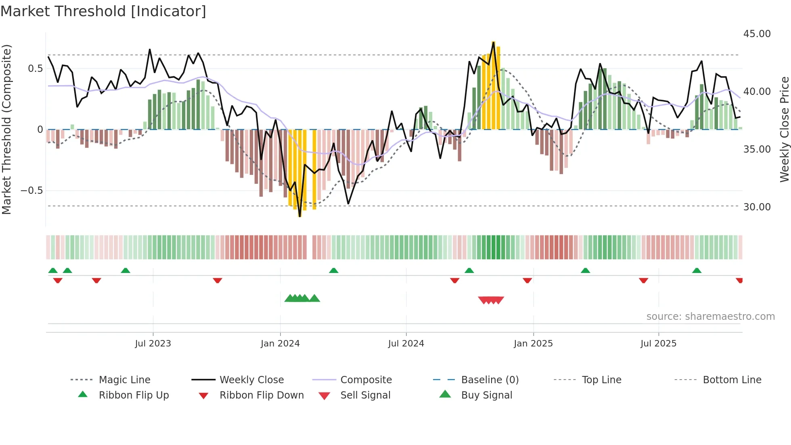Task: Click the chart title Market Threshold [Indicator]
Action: (x=103, y=11)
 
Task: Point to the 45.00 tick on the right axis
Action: (x=757, y=34)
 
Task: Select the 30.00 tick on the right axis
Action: (x=757, y=207)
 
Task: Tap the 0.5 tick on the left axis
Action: (x=35, y=69)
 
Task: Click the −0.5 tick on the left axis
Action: (x=32, y=191)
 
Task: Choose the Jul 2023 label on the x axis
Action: (x=153, y=344)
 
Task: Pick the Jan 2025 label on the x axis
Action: (x=533, y=344)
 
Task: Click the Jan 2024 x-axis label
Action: (x=280, y=344)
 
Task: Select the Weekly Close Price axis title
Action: (x=784, y=129)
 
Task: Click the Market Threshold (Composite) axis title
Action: (x=6, y=129)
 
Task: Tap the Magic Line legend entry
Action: (x=124, y=380)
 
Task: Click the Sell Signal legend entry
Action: (x=365, y=395)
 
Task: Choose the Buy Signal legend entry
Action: (x=486, y=395)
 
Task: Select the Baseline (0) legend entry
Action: (x=490, y=380)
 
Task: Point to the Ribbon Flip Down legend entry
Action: (x=262, y=395)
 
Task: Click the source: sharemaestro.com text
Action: (x=710, y=317)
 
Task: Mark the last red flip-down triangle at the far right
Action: (x=739, y=280)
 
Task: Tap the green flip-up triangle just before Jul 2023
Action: (x=126, y=271)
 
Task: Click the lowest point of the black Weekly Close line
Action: (x=300, y=216)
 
